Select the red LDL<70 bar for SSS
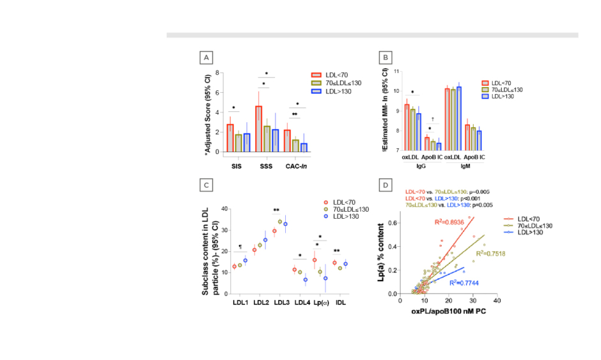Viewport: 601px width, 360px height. pos(258,129)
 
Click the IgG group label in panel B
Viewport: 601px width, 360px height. pos(421,165)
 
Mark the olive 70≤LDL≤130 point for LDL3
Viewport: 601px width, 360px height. pos(280,222)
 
